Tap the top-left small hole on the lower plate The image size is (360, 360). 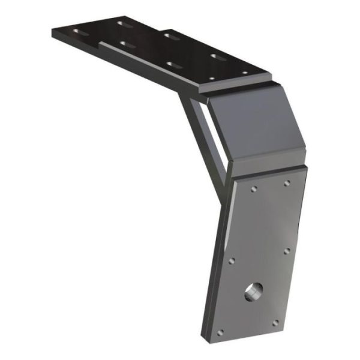coord(254,189)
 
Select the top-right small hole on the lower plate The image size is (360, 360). coord(287,183)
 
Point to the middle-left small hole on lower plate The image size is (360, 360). coord(233,261)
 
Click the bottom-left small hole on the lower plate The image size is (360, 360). coord(220,331)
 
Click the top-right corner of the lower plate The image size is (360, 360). coord(307,168)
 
